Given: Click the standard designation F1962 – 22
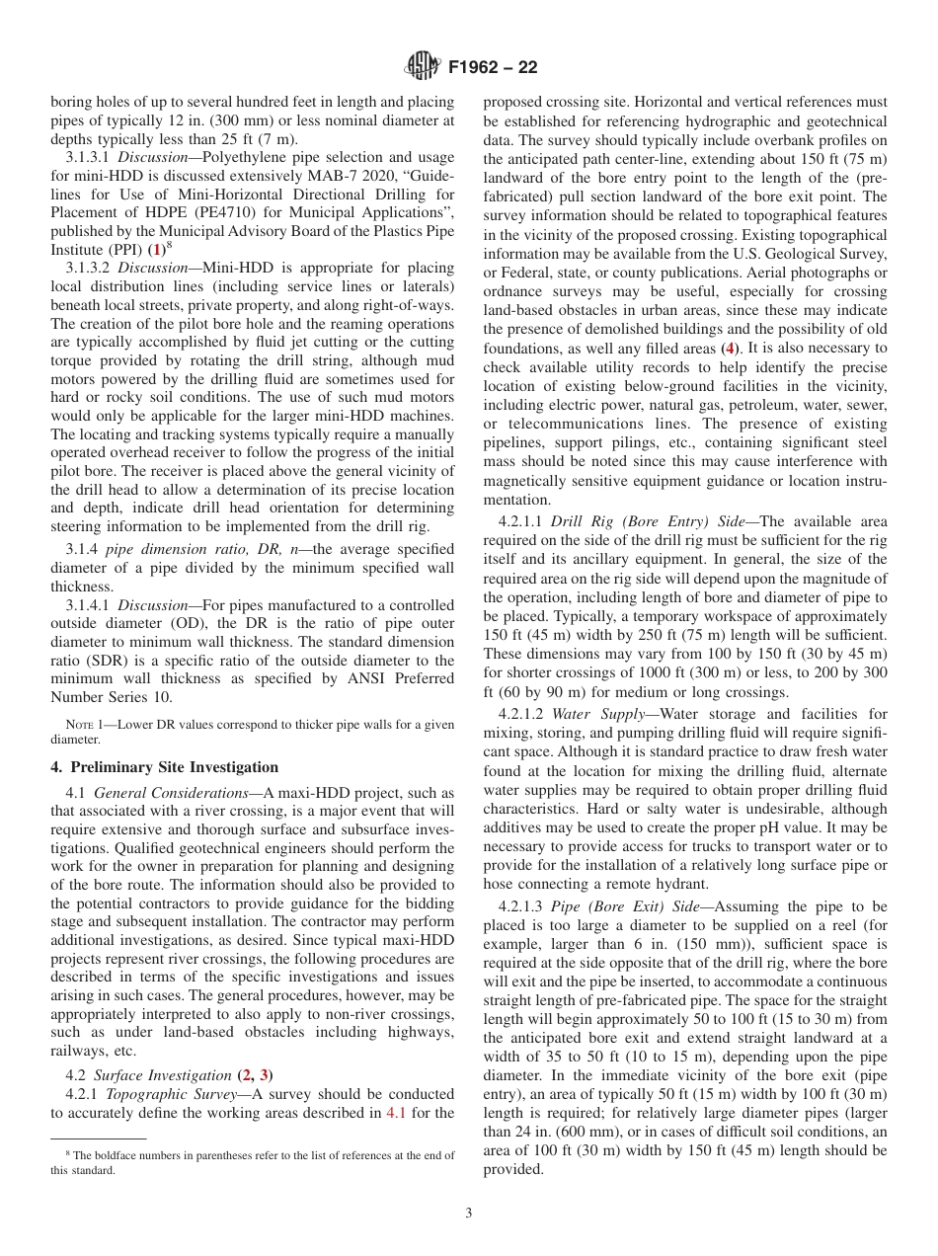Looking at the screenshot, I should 493,68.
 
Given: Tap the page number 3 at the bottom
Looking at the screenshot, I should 469,1214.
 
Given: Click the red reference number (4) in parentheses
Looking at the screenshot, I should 728,348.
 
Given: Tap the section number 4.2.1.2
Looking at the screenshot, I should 513,714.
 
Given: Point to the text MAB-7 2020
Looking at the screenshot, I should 335,176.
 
